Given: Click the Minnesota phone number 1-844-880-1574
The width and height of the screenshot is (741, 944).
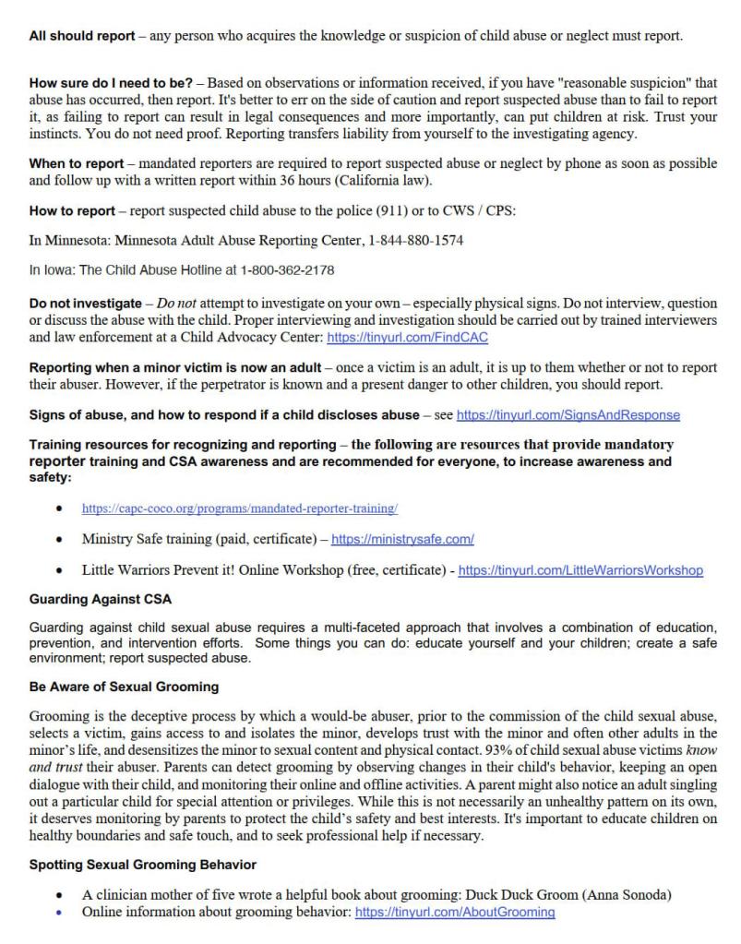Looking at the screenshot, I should (413, 241).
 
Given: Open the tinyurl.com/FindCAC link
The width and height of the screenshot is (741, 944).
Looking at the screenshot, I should (407, 338).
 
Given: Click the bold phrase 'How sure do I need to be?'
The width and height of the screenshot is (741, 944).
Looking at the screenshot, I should (109, 84).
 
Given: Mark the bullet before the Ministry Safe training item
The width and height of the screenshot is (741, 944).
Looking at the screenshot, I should (60, 539).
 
